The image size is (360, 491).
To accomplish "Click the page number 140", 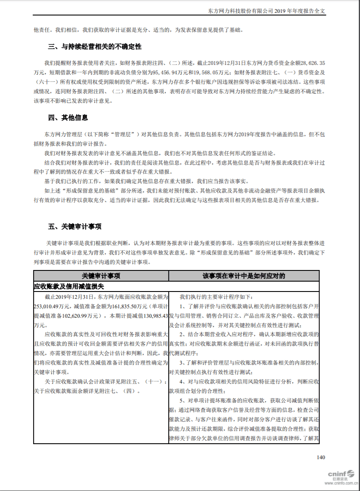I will tap(320, 457).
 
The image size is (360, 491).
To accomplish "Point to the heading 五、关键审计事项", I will tap(75, 227).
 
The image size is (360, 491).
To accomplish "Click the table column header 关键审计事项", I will tap(101, 276).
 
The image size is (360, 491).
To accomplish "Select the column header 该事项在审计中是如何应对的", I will tap(244, 276).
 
